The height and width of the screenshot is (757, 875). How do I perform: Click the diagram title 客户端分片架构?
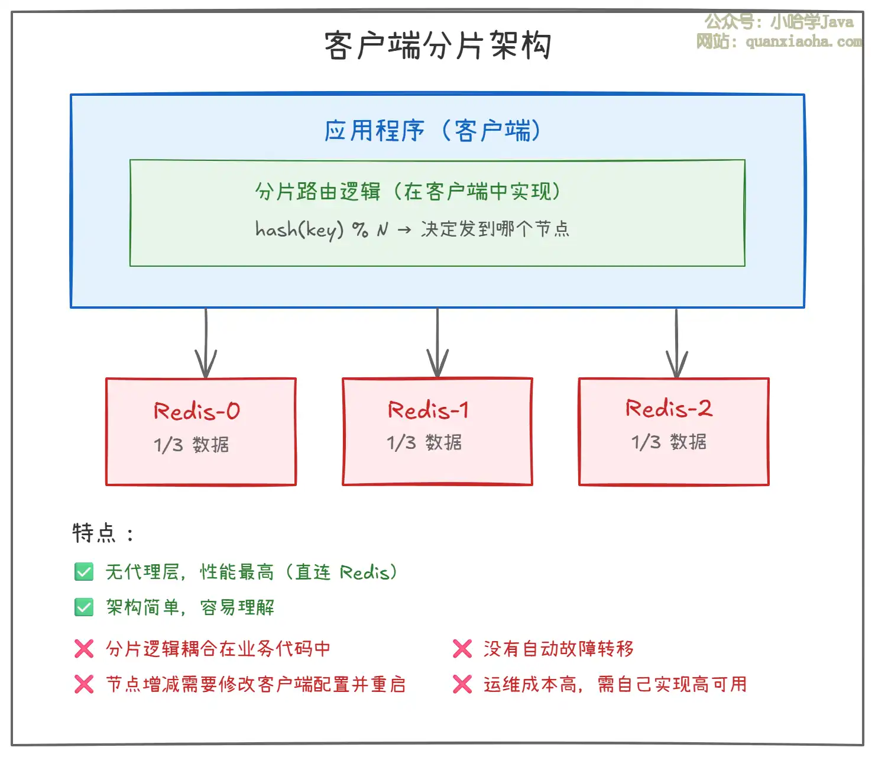(x=437, y=46)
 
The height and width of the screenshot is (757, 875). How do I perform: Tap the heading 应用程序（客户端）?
(x=433, y=130)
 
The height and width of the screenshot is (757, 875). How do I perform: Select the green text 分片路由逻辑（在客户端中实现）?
(x=408, y=192)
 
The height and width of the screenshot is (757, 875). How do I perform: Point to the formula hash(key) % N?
(x=322, y=230)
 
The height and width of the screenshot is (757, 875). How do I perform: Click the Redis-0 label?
(x=197, y=410)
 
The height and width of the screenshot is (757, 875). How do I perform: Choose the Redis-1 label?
(x=429, y=410)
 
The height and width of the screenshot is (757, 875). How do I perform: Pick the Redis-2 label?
(x=669, y=408)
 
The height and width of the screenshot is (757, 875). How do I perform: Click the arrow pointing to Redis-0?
(x=206, y=343)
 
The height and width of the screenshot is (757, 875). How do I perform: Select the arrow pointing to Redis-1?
(x=437, y=343)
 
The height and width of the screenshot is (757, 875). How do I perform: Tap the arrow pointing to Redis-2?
(x=676, y=344)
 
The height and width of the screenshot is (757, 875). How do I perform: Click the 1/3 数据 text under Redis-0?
(x=192, y=445)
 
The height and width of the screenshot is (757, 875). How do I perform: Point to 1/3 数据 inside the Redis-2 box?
(x=669, y=442)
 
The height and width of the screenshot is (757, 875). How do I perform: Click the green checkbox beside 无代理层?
(x=84, y=572)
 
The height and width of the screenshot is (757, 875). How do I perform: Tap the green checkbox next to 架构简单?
(x=84, y=607)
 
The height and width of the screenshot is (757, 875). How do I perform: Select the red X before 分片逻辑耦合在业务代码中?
(x=84, y=649)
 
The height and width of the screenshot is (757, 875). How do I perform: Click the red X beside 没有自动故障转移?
(x=462, y=649)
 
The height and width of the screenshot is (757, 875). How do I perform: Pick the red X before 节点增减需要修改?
(x=84, y=684)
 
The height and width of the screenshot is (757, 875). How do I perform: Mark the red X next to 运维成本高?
(x=462, y=684)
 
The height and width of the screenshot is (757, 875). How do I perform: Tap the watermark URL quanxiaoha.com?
(x=803, y=41)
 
